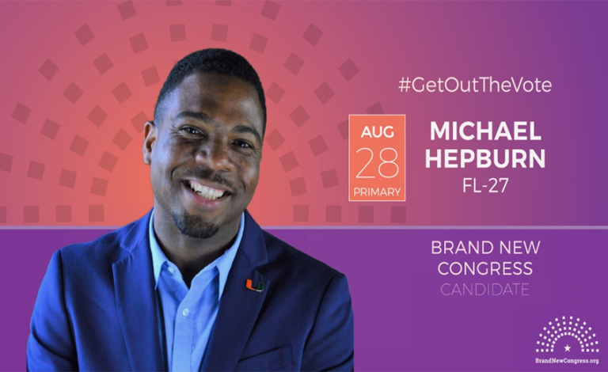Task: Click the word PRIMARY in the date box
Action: pyautogui.click(x=377, y=192)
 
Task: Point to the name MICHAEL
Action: pyautogui.click(x=485, y=131)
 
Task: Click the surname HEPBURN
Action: pyautogui.click(x=485, y=158)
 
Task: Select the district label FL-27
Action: pyautogui.click(x=485, y=187)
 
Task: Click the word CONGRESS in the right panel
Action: pyautogui.click(x=485, y=269)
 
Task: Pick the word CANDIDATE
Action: pyautogui.click(x=485, y=290)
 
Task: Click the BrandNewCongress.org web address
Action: pyautogui.click(x=567, y=360)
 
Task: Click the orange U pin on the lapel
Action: pyautogui.click(x=254, y=283)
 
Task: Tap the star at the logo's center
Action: pyautogui.click(x=567, y=347)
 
